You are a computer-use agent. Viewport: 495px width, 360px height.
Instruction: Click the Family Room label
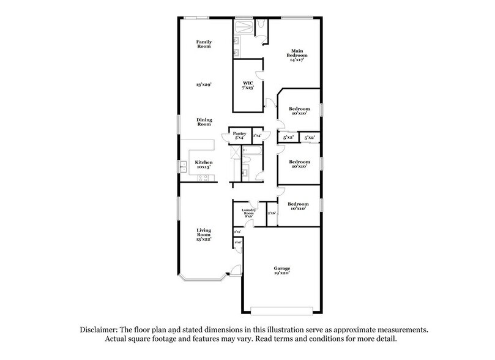click(x=204, y=44)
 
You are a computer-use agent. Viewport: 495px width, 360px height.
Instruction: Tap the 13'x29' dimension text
click(x=204, y=84)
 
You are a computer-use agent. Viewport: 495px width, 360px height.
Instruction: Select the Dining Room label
click(x=204, y=121)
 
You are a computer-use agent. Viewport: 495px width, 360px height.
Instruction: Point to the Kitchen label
click(x=204, y=162)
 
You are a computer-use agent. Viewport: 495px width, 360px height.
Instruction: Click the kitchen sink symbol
click(x=182, y=164)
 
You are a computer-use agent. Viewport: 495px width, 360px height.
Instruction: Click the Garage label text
click(x=282, y=268)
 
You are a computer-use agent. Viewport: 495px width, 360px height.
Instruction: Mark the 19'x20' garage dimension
click(x=282, y=273)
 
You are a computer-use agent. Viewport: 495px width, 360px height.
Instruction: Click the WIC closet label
click(x=248, y=83)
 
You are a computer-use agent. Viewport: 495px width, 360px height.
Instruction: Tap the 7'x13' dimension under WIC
click(x=248, y=88)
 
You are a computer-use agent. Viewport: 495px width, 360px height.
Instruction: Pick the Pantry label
click(x=239, y=133)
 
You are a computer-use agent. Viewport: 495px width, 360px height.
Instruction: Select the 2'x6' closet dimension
click(x=272, y=213)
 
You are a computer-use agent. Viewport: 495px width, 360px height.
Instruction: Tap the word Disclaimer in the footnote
click(x=100, y=329)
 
